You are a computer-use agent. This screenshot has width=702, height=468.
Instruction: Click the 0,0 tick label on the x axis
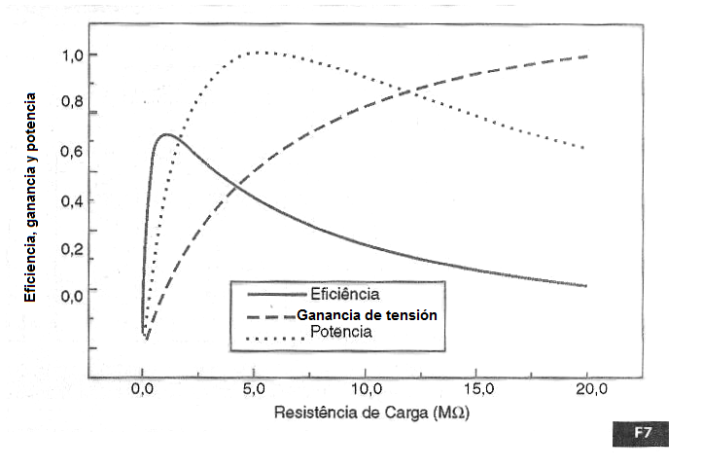click(142, 390)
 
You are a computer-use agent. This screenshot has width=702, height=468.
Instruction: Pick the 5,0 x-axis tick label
click(252, 390)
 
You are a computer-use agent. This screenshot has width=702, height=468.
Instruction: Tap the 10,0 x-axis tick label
click(364, 390)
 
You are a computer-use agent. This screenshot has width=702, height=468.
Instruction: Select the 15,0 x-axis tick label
click(476, 390)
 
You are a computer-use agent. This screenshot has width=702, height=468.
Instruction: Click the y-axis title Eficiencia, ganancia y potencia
click(30, 196)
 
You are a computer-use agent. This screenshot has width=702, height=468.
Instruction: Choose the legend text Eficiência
click(344, 293)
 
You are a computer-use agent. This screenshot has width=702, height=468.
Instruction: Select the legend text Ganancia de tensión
click(367, 315)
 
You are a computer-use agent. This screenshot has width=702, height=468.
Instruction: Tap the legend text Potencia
click(341, 333)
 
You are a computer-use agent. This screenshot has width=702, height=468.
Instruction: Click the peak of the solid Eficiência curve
click(167, 134)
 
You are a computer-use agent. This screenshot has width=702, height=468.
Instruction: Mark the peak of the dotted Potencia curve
click(258, 52)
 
